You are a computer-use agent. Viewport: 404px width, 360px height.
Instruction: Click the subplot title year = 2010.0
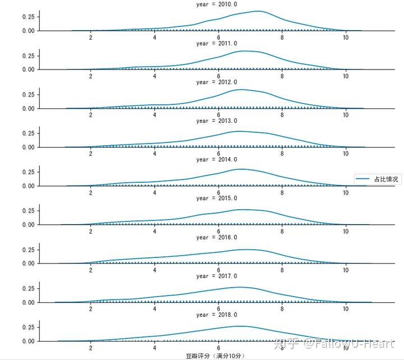tap(217, 4)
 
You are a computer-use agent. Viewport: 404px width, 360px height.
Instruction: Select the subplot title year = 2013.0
tap(217, 121)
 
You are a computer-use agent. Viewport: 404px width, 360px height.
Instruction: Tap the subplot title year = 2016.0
tap(217, 237)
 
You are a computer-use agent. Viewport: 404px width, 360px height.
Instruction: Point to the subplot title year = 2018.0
tap(217, 315)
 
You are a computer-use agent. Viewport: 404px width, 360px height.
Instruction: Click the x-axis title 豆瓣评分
tap(216, 356)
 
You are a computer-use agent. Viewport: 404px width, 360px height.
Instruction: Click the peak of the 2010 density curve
tap(257, 11)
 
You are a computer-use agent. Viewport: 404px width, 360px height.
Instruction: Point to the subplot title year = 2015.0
tap(217, 199)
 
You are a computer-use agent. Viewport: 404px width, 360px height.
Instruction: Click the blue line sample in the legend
tap(362, 178)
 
